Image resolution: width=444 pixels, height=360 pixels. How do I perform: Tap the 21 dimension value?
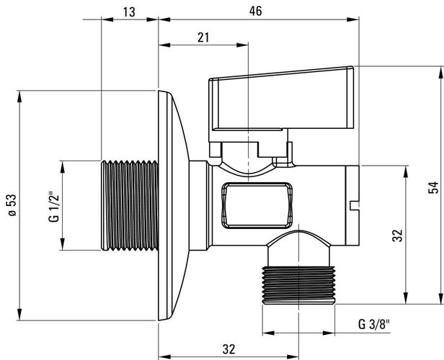click(203, 38)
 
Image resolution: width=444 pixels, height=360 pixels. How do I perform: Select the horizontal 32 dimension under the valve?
click(228, 350)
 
